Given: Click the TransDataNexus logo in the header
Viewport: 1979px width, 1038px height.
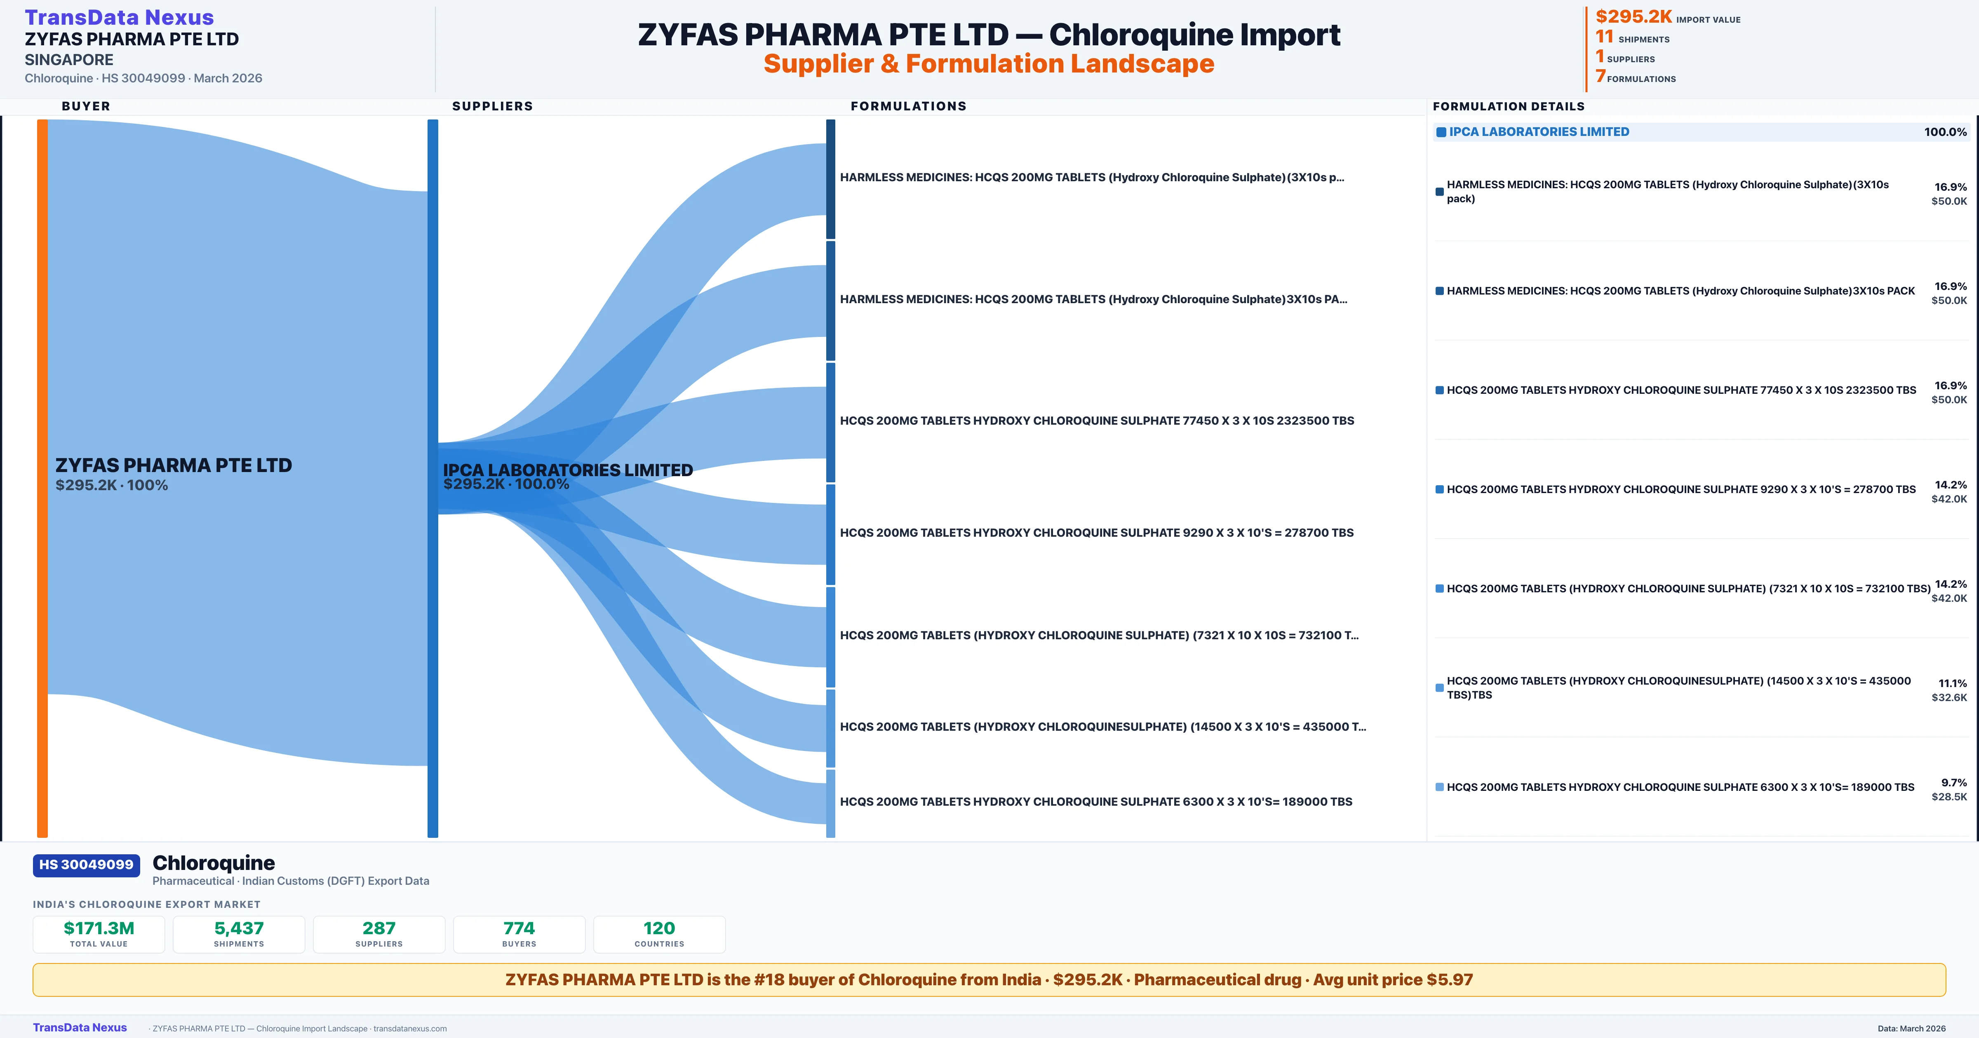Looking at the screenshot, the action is click(x=119, y=17).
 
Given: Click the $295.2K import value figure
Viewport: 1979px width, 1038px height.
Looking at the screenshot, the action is click(x=1633, y=16).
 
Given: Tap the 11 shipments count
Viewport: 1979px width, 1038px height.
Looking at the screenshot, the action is click(x=1604, y=36).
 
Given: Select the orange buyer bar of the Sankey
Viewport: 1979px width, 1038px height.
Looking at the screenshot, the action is click(x=42, y=477).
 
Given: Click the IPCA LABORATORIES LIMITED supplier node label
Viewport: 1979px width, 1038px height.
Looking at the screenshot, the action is click(x=568, y=470).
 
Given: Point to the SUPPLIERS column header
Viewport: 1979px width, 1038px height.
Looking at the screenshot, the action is click(x=492, y=106).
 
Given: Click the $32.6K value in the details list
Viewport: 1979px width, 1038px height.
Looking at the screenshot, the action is click(x=1949, y=697).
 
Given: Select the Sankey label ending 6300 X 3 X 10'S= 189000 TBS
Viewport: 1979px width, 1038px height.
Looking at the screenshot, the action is click(x=1096, y=802).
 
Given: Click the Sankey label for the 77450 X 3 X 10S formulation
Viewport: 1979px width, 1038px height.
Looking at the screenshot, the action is click(x=1097, y=421).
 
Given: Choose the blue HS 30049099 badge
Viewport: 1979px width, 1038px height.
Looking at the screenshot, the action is click(x=86, y=865).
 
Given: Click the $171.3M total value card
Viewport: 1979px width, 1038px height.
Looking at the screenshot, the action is click(x=99, y=934).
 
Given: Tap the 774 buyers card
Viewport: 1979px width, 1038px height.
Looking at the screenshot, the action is click(x=519, y=934).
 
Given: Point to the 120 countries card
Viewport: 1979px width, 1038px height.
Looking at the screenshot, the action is click(x=659, y=934).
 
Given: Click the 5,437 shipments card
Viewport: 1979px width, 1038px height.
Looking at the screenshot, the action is click(x=239, y=934).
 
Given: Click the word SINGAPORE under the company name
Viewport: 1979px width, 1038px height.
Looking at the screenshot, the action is click(x=69, y=60).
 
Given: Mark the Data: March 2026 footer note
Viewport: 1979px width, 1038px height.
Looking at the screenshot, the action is click(x=1911, y=1028).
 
